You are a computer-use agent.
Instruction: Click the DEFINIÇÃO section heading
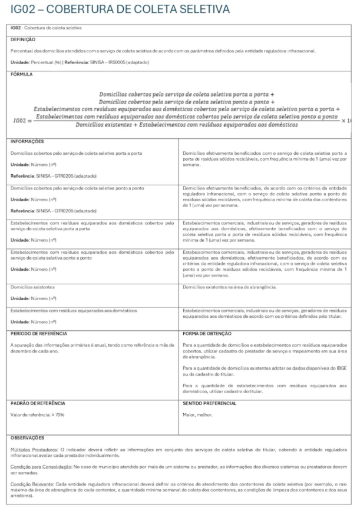click(x=24, y=39)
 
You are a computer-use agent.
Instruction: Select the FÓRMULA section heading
click(x=22, y=75)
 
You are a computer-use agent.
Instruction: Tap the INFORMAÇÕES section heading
click(x=27, y=141)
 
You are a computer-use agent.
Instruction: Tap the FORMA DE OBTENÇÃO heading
click(x=209, y=333)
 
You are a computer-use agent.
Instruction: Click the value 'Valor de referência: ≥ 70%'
click(x=37, y=416)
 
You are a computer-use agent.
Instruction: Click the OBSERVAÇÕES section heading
click(x=28, y=438)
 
